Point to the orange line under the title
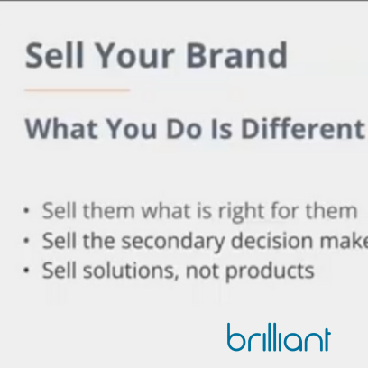pos(78,90)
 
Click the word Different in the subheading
pos(312,128)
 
